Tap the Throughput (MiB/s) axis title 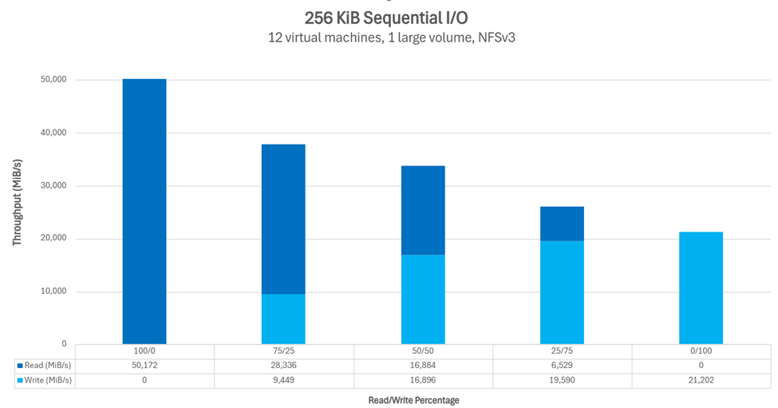pos(17,200)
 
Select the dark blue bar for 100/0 pos(144,212)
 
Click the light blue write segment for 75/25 pos(283,319)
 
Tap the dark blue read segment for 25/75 pos(562,224)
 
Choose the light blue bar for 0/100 pos(701,288)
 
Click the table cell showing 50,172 pos(144,366)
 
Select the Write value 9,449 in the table pos(283,380)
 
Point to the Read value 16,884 pos(423,366)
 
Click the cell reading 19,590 pos(562,380)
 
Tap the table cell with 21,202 pos(701,380)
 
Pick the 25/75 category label pos(562,351)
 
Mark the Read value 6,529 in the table pos(562,366)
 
